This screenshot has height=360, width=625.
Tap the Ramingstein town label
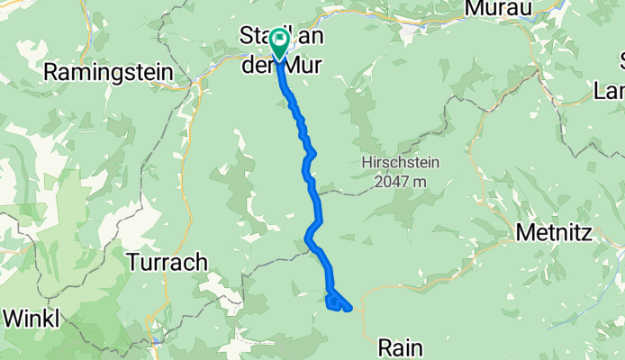pos(103,71)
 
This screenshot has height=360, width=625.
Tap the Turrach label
pos(168,262)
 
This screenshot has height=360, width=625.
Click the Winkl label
pos(32,318)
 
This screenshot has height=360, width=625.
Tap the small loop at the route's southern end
pos(333,302)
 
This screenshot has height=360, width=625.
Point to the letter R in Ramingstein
pos(51,71)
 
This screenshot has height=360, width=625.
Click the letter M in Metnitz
pos(525,233)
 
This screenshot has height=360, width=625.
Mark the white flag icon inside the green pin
pos(279,39)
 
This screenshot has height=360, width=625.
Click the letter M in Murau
pos(473,7)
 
